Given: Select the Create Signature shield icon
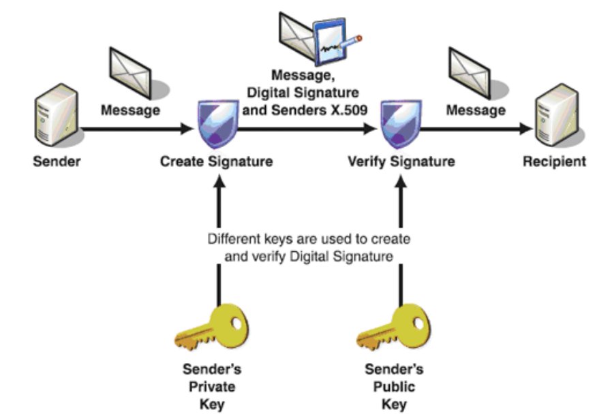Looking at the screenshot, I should pos(216,126).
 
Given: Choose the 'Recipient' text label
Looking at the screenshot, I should pos(553,162).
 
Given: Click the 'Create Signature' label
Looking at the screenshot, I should pos(216,163).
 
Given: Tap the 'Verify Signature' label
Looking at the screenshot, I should pos(401,163).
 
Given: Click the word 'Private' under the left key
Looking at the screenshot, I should pos(212,387).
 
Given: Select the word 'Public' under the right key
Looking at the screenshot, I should pos(394,387).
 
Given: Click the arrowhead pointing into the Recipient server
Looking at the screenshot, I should pos(526,128).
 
